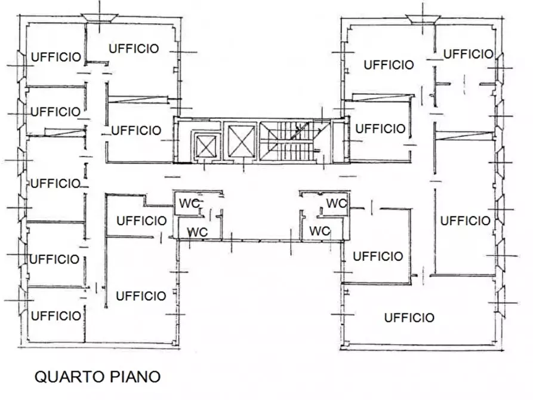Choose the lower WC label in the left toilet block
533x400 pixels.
click(x=198, y=232)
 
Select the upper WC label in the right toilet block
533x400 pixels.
click(x=337, y=204)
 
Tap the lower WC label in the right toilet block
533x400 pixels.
click(x=320, y=230)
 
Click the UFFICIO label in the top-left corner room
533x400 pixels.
click(x=56, y=57)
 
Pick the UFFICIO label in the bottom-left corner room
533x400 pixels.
click(x=56, y=316)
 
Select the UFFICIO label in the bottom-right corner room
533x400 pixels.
click(x=409, y=318)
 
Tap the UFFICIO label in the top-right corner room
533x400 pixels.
click(x=468, y=54)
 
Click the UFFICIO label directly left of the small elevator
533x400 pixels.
click(x=136, y=130)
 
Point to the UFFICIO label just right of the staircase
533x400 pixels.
click(x=380, y=128)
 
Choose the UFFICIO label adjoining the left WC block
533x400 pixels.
click(x=141, y=221)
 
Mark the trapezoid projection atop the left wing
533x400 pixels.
click(x=99, y=18)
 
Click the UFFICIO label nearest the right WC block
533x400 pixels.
click(x=378, y=257)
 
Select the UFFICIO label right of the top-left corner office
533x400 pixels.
click(x=134, y=48)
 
